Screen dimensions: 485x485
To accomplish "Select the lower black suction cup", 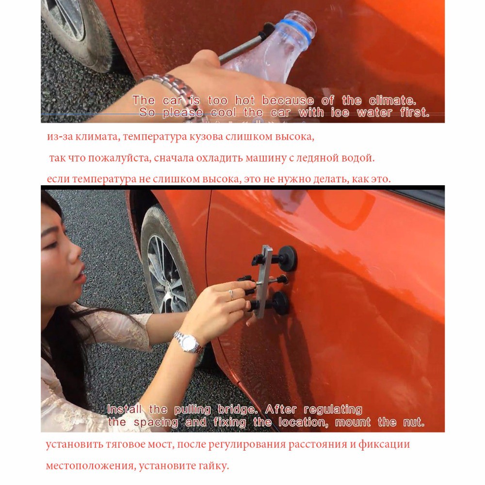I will [x=280, y=303].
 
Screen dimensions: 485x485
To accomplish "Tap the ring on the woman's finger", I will [x=231, y=294].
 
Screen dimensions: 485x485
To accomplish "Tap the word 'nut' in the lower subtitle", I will [x=413, y=422].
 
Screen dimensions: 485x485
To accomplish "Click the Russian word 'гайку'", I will [x=212, y=466].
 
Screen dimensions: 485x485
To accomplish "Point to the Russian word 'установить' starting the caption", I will [x=73, y=444].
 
